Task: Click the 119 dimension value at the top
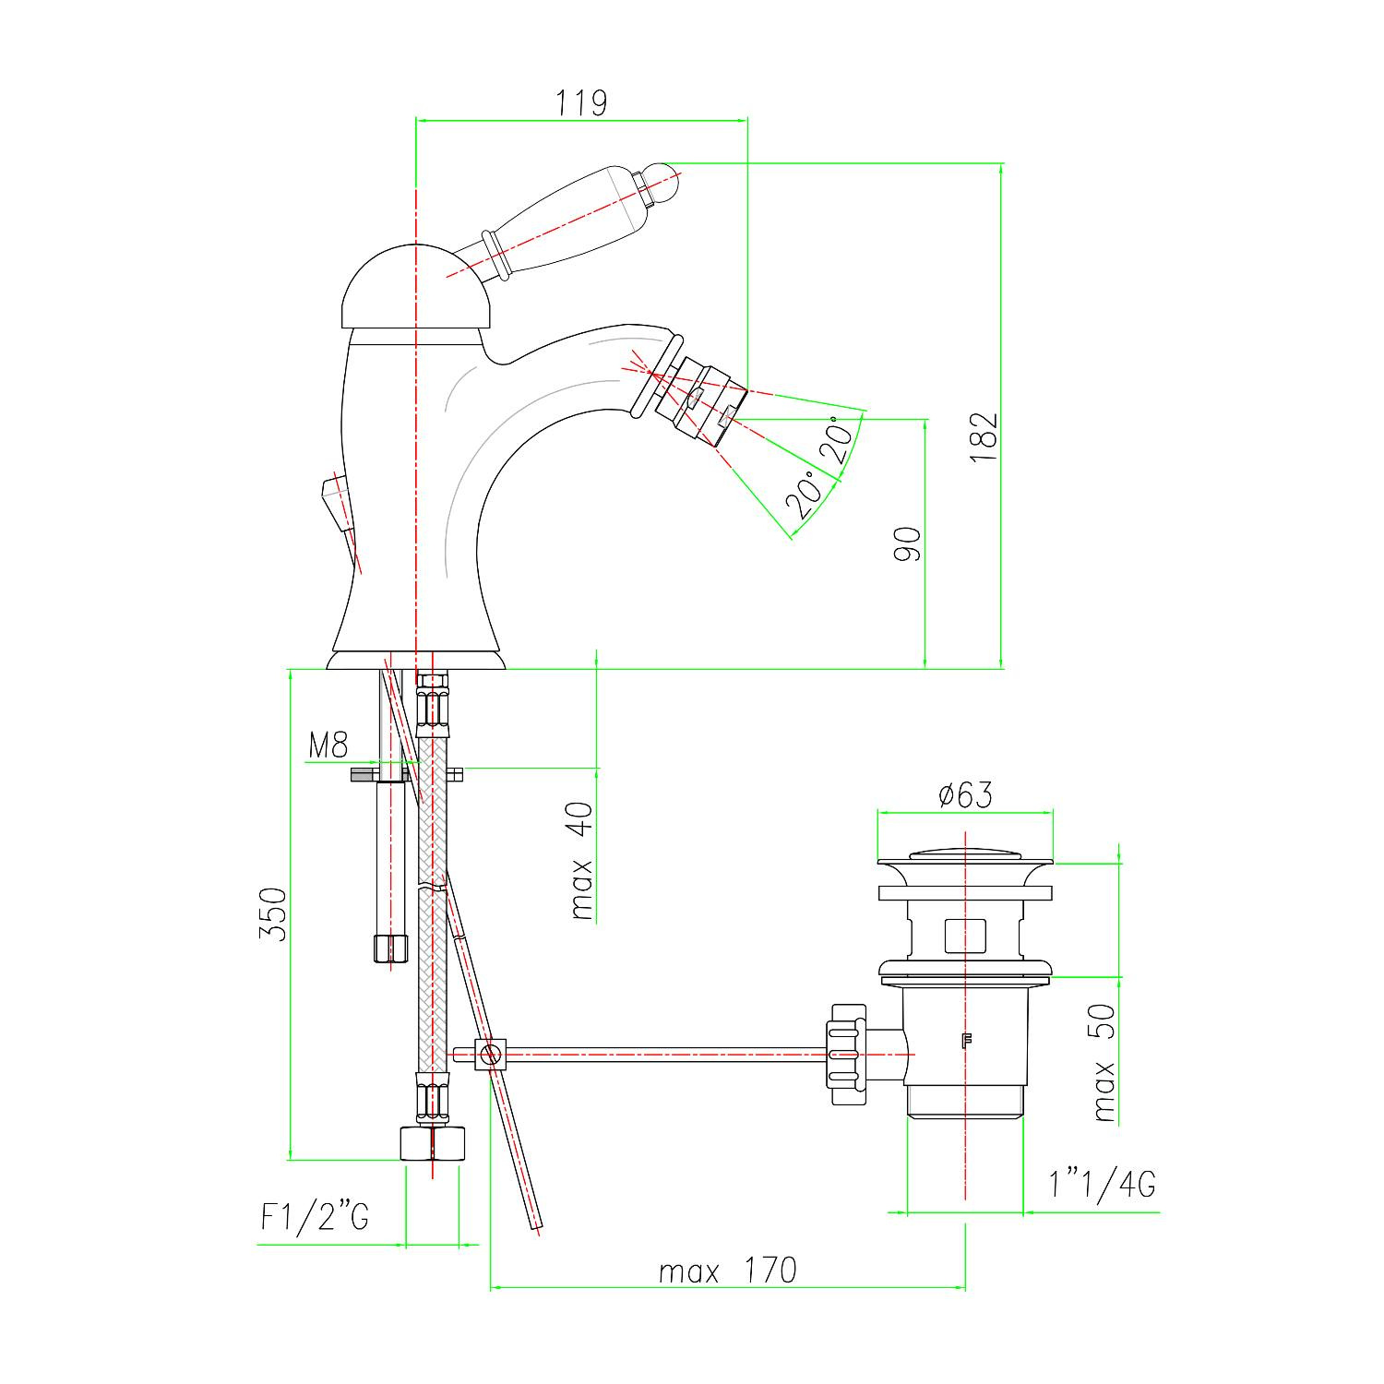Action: (581, 102)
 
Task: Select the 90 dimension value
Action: (908, 544)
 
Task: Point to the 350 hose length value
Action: (272, 913)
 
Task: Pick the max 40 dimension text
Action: (582, 860)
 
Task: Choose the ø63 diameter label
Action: (965, 794)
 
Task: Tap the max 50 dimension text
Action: (1104, 1063)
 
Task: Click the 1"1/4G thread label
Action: (1102, 1184)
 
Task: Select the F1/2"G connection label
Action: (315, 1219)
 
